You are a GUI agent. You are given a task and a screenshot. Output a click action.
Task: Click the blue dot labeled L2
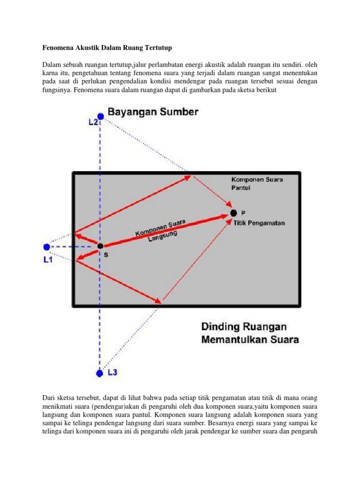[100, 116]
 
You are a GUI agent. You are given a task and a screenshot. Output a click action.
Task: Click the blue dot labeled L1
[46, 247]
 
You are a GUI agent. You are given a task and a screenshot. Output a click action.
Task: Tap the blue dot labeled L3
[99, 373]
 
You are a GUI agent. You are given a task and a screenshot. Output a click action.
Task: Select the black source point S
[99, 246]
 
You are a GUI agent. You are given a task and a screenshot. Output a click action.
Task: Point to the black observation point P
[233, 213]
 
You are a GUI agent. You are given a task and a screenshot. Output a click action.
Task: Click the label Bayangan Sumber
[153, 112]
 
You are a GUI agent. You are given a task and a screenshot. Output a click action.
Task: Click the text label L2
[93, 122]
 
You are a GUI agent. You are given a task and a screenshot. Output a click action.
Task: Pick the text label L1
[48, 258]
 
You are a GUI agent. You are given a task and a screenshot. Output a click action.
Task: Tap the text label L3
[113, 373]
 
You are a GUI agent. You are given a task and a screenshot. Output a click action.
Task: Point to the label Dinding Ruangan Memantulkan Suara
[250, 333]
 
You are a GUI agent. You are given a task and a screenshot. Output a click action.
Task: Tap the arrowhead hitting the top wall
[188, 177]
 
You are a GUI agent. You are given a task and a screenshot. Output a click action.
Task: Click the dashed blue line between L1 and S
[73, 247]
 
